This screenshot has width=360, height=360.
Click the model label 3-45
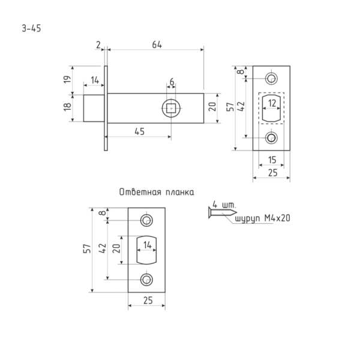coord(31,28)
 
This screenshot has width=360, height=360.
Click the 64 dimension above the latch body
coord(157,45)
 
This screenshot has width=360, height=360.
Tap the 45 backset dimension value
coord(140,131)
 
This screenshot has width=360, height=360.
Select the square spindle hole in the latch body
coord(171,108)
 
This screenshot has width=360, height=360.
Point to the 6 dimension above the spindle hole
coord(172,82)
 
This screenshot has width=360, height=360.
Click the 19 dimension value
coord(67,79)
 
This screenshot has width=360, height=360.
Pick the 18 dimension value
coord(67,107)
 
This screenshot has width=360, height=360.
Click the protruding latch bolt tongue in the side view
coord(94,108)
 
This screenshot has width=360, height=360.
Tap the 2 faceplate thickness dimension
coord(98,45)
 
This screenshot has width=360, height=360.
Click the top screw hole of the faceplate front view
coord(271,78)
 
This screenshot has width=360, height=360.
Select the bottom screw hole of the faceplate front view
coord(271,138)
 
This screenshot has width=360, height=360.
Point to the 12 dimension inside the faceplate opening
coord(272,103)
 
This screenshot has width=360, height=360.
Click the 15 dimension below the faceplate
coord(272,160)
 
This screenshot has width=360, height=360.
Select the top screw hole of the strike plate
coord(146,220)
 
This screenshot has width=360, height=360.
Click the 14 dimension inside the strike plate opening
coord(148,245)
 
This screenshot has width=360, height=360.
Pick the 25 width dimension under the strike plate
coord(148,301)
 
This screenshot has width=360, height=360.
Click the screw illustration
coord(222,212)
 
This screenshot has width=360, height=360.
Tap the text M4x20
coord(277,218)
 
